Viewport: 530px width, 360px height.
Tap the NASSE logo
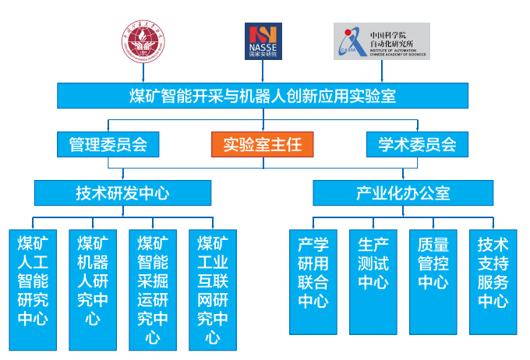coord(263,41)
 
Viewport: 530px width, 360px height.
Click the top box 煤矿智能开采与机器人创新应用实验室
coord(263,96)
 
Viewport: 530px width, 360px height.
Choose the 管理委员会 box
coord(108,144)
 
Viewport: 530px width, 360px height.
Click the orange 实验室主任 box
coord(263,144)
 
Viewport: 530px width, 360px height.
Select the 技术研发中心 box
coord(122,192)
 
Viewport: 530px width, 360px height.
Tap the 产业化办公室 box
coord(403,192)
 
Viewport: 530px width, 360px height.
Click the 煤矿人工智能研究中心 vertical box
coord(34,289)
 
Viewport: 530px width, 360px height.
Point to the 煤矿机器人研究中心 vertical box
coord(93,289)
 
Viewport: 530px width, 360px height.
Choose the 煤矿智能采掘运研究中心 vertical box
coord(153,289)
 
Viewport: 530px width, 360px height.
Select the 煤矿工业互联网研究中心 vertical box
coord(212,289)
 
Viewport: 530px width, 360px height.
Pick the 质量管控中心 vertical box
coord(433,281)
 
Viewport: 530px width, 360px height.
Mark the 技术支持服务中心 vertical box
coord(493,281)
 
